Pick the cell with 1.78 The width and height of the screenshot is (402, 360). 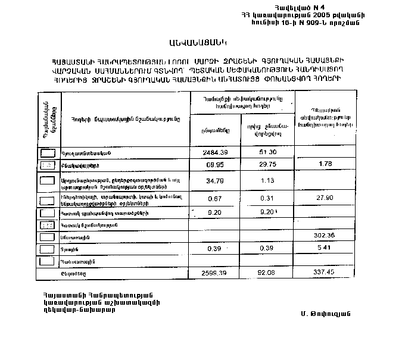click(x=325, y=164)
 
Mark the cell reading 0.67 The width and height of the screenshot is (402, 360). click(x=216, y=198)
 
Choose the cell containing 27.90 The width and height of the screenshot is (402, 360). click(x=325, y=197)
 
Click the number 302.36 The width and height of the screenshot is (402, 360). click(x=325, y=236)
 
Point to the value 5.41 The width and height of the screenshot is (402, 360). click(x=325, y=247)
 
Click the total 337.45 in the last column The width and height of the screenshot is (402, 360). click(x=325, y=273)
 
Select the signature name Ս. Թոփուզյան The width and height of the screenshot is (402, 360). click(x=326, y=314)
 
